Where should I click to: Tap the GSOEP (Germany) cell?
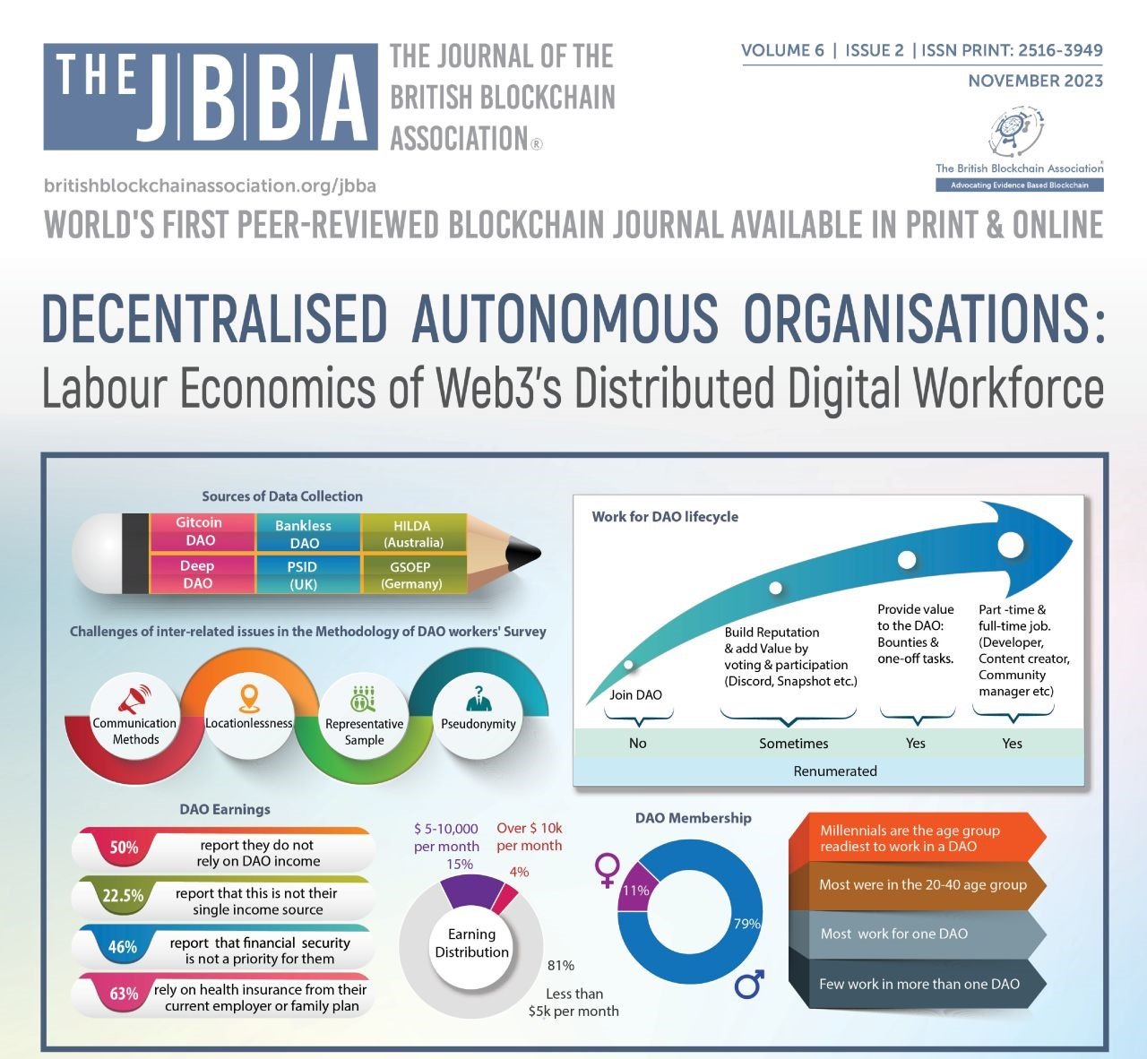(413, 575)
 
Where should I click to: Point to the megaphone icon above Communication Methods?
(134, 699)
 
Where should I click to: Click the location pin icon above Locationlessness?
(249, 699)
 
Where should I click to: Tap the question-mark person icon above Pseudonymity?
(479, 698)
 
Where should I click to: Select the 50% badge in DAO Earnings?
(124, 848)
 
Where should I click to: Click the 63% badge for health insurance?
(124, 994)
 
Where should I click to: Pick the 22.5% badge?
(123, 896)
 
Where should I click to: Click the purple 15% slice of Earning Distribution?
(470, 892)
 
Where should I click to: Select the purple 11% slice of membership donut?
(634, 890)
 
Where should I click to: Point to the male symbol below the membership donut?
(749, 984)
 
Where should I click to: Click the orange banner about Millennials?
(917, 838)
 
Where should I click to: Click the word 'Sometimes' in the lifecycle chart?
(794, 744)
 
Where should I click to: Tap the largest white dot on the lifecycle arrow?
(1011, 545)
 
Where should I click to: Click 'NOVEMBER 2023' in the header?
(1036, 81)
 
